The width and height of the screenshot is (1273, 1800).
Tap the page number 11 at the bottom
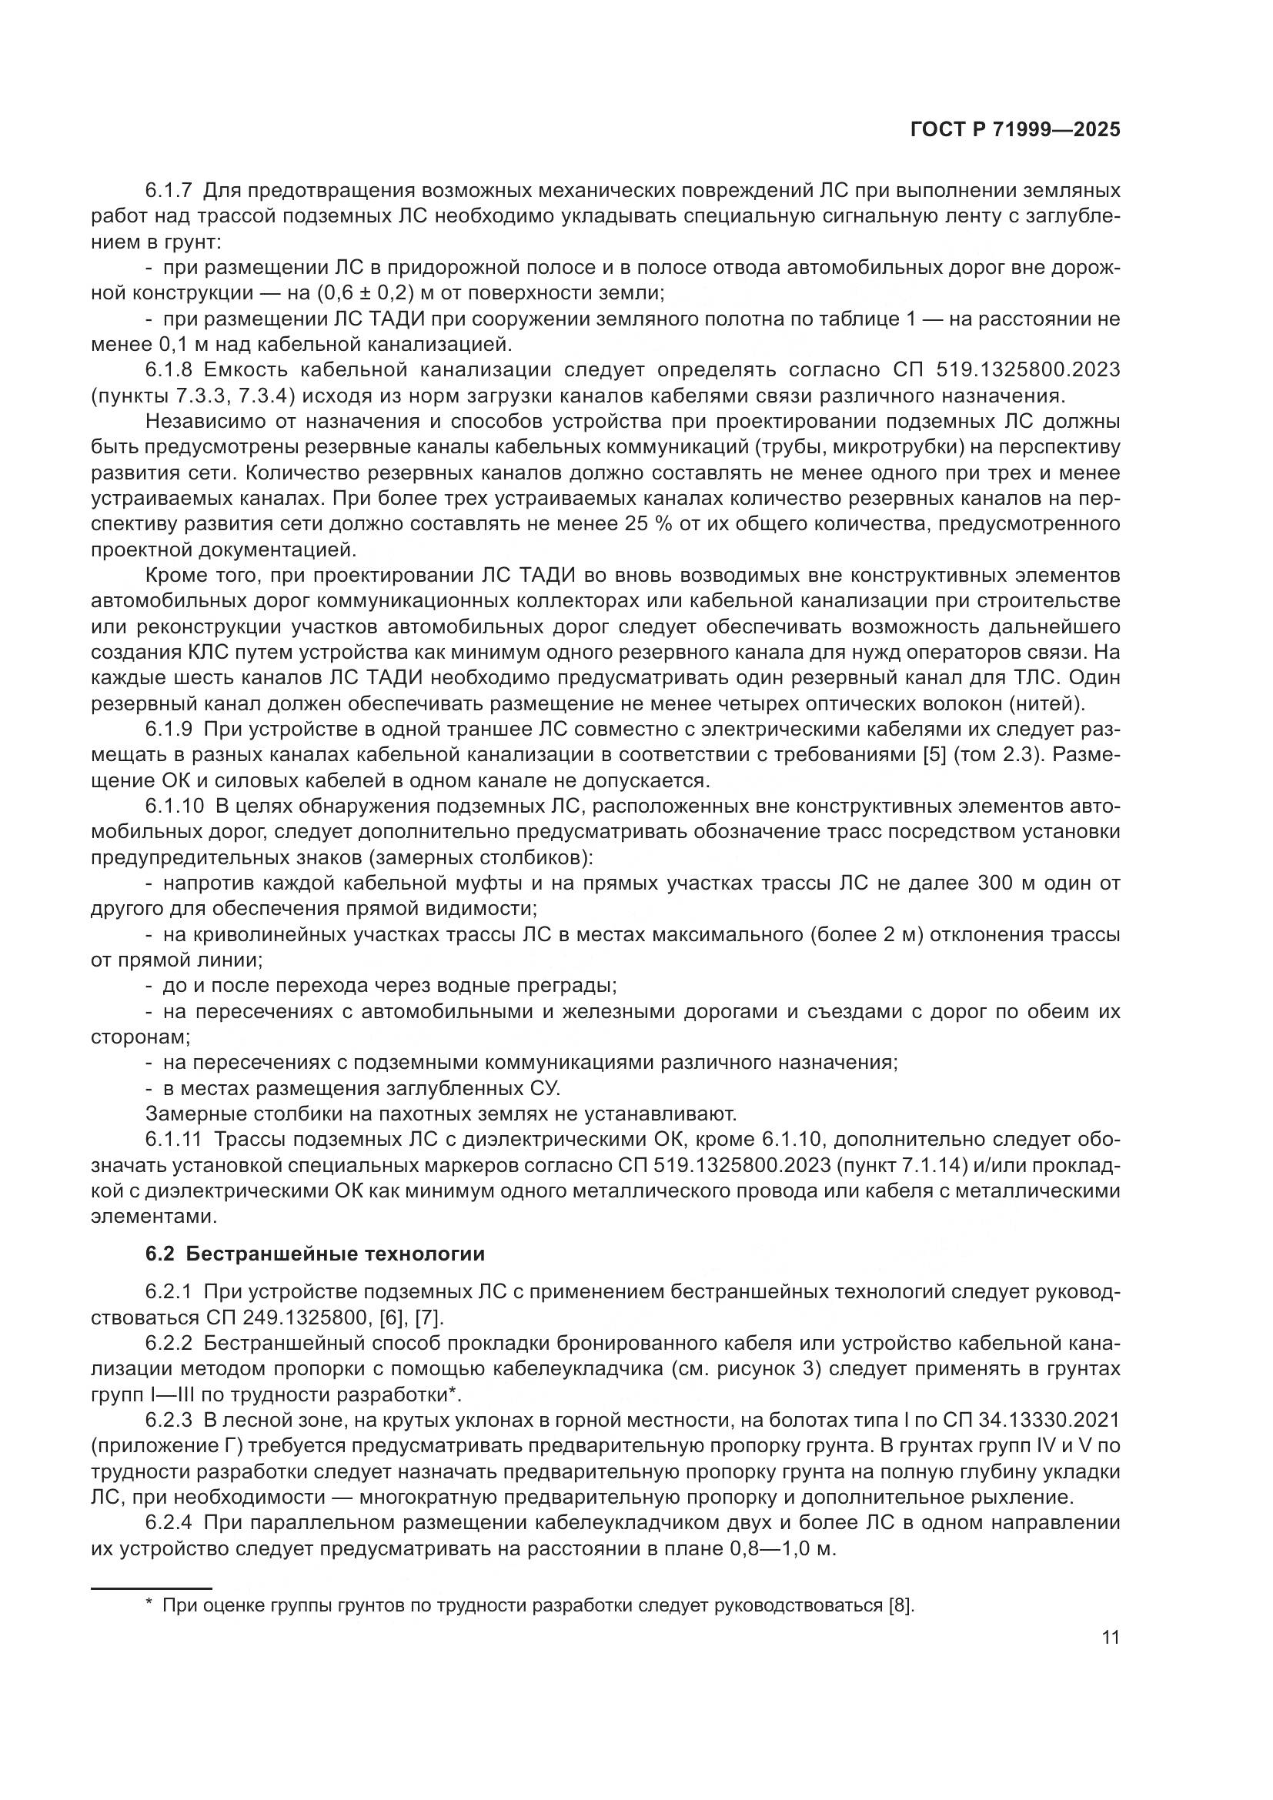click(x=1110, y=1638)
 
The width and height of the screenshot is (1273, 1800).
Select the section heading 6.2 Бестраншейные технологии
click(x=315, y=1254)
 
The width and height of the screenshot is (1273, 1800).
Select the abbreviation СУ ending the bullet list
click(x=540, y=1088)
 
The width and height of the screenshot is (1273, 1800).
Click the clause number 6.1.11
click(x=174, y=1139)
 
